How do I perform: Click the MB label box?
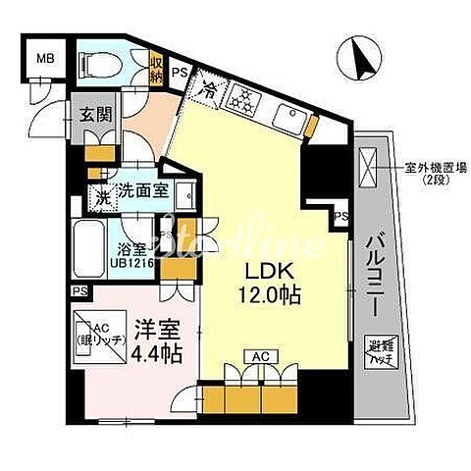click(45, 57)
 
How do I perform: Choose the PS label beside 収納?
click(181, 72)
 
